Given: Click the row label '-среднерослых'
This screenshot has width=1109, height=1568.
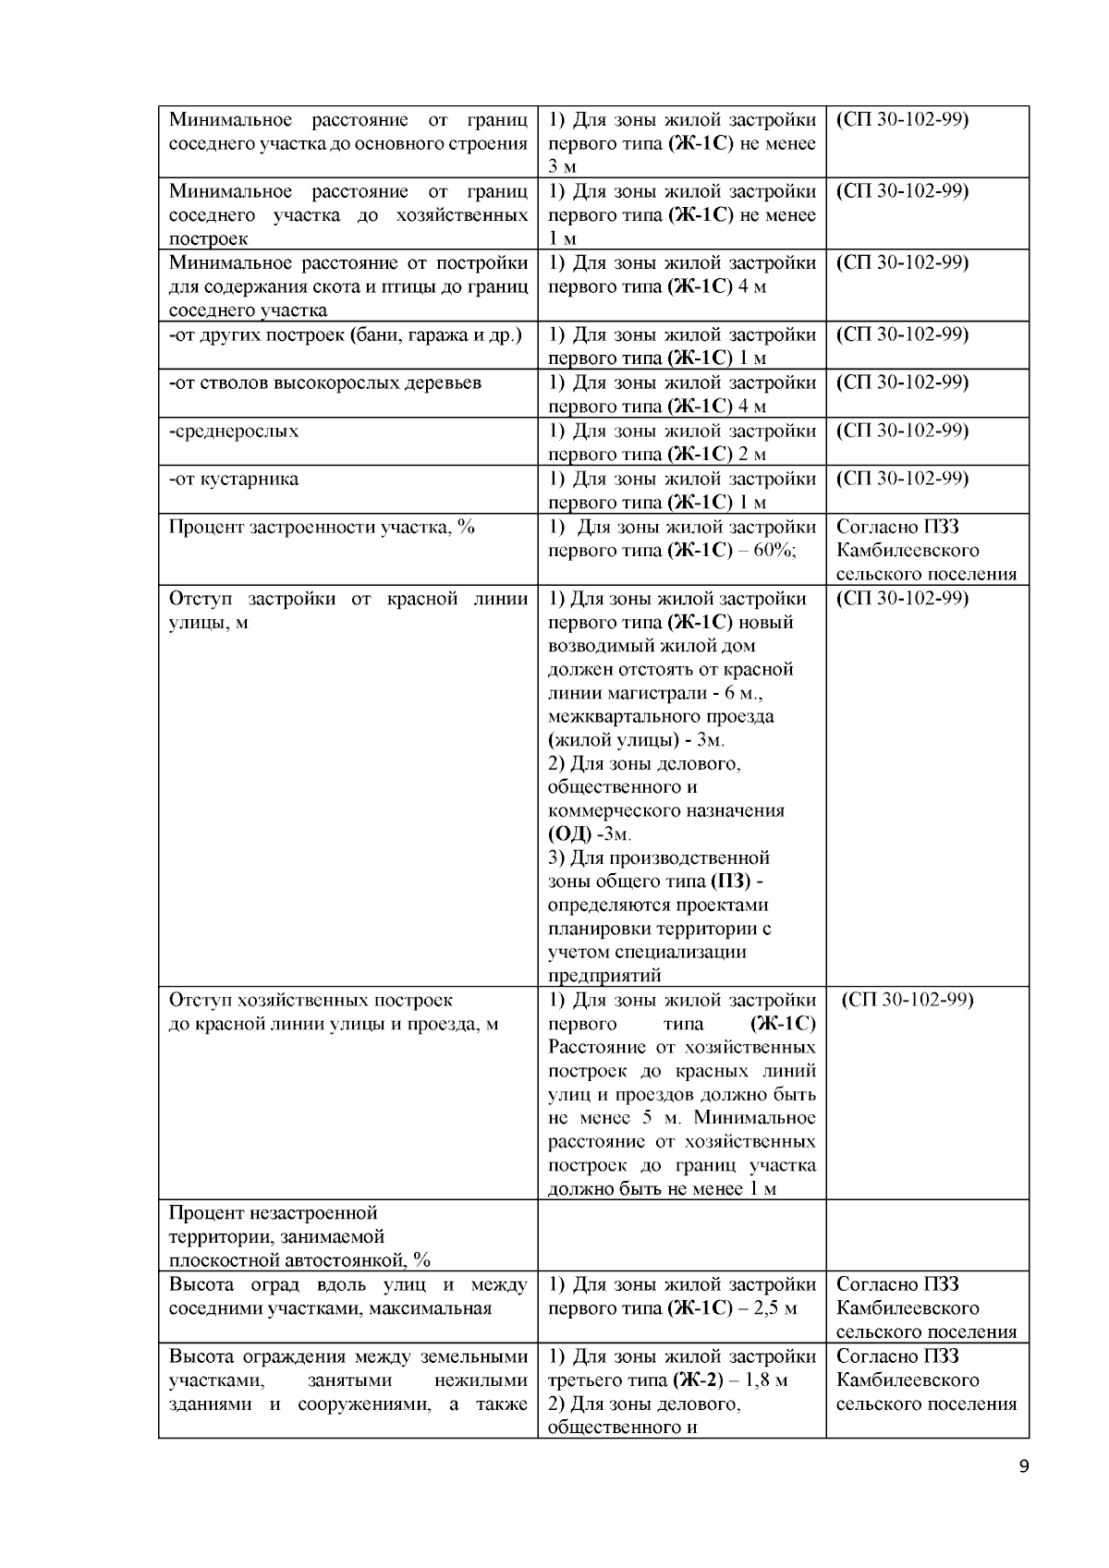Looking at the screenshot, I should tap(234, 432).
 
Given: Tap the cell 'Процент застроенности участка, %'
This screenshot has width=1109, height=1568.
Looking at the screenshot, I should tap(321, 528).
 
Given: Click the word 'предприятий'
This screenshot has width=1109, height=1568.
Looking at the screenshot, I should tap(604, 976).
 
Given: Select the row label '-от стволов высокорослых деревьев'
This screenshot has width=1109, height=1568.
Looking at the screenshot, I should tap(325, 383).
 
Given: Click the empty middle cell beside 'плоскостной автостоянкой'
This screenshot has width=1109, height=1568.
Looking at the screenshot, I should tap(681, 1235).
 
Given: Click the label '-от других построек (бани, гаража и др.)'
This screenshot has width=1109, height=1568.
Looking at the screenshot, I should tap(345, 335).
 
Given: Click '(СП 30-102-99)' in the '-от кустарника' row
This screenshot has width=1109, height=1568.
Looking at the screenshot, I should tap(902, 480).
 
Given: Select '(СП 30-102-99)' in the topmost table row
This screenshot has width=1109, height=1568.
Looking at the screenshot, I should tap(902, 120).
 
